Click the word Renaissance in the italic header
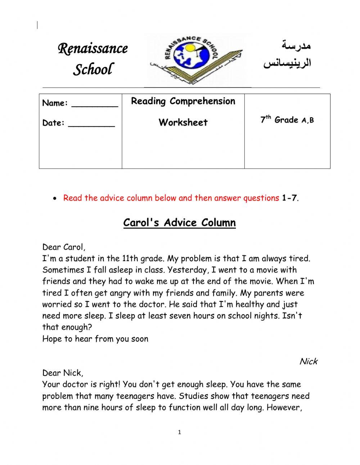click(93, 48)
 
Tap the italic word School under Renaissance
click(93, 69)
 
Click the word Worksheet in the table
click(183, 122)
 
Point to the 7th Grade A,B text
click(287, 120)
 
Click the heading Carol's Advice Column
click(179, 223)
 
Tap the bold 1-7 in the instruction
click(289, 198)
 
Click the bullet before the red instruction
click(54, 198)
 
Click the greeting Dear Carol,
click(64, 247)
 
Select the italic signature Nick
click(308, 362)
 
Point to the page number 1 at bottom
click(179, 432)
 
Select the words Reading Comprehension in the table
click(183, 101)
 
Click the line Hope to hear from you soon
click(95, 339)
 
